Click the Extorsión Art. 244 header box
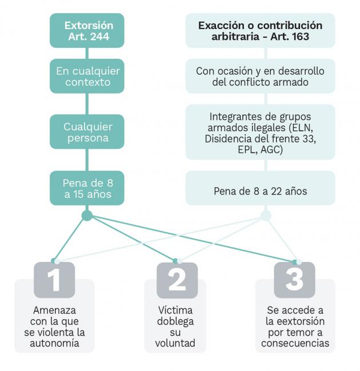87,30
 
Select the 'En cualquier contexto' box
87,76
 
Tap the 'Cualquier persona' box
87,132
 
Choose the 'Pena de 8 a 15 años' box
87,188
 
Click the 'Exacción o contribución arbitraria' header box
261,30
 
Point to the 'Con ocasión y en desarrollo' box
261,76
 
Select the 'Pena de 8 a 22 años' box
261,188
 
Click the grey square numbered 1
54,280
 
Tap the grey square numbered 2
177,280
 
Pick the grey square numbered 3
294,280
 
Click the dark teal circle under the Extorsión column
87,216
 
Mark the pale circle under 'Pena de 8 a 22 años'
266,216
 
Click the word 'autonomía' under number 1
54,343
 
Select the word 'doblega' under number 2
175,321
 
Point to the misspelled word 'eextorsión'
295,321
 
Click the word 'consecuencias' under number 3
295,343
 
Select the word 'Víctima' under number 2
175,310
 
